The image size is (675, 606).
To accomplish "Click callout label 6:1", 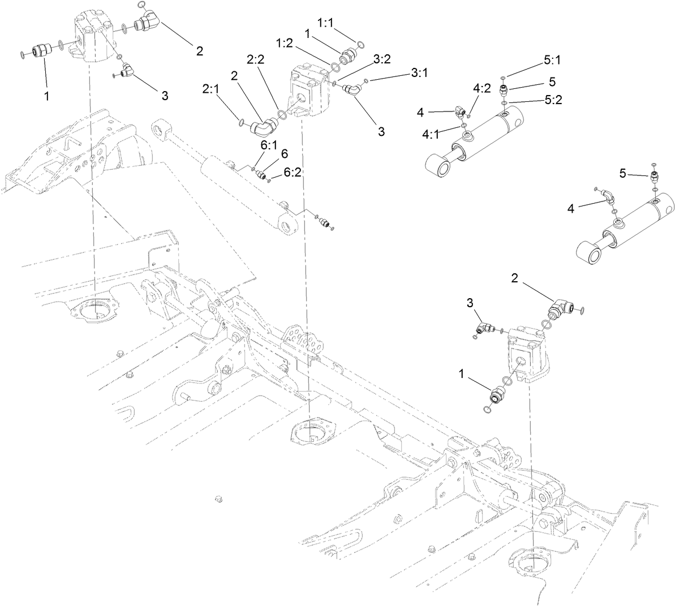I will [x=269, y=145].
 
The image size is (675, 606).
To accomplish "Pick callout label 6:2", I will [x=292, y=173].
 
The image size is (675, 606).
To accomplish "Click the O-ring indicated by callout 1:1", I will [x=359, y=42].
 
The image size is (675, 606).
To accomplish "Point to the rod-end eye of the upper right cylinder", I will [x=439, y=166].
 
